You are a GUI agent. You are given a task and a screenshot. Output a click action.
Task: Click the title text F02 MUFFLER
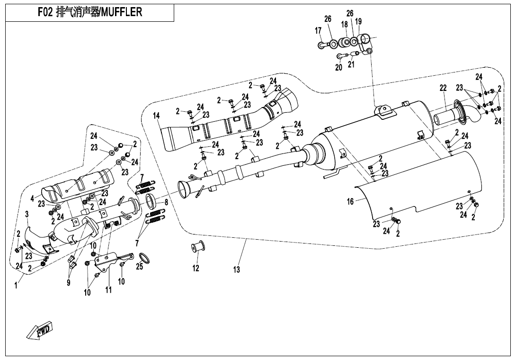tap(89, 13)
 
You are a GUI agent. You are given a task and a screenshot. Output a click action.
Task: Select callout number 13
tap(236, 270)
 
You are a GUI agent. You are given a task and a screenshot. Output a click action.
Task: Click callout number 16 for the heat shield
tap(350, 202)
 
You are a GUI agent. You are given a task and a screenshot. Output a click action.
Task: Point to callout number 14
tap(156, 116)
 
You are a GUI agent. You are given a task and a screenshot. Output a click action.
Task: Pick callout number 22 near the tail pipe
tap(443, 88)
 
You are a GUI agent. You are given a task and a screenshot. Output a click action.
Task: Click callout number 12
tap(196, 268)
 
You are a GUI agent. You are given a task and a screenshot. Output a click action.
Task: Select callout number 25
tap(139, 267)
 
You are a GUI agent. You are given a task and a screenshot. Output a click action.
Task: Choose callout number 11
tap(108, 290)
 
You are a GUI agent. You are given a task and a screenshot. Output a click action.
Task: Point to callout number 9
tap(69, 283)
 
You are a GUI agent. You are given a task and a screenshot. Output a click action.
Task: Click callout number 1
tap(17, 285)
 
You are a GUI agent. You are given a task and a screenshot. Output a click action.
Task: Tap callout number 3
tap(27, 214)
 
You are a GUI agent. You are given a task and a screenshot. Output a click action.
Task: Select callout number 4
tap(33, 198)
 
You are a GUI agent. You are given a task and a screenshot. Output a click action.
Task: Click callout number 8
tap(166, 202)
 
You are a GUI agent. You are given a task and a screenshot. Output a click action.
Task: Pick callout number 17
tap(318, 31)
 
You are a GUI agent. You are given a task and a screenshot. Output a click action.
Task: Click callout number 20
tap(338, 67)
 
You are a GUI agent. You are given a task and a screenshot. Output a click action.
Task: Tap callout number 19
tap(358, 21)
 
